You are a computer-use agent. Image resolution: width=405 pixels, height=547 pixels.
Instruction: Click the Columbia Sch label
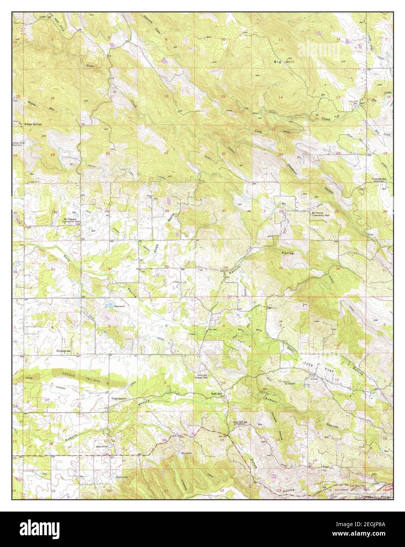pos(377,179)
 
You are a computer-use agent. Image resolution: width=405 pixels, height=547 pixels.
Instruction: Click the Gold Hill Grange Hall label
pos(205,377)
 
